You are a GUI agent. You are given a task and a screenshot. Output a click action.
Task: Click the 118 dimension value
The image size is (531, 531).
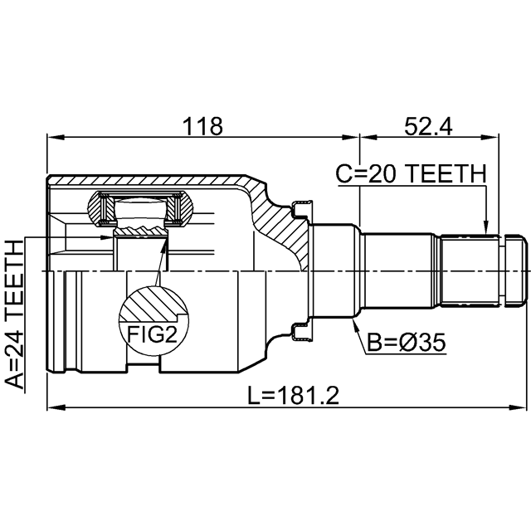(x=202, y=126)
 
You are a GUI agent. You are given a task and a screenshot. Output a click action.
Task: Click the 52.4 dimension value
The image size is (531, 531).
(x=428, y=127)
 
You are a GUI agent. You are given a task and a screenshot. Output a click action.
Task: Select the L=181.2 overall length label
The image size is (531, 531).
(x=294, y=396)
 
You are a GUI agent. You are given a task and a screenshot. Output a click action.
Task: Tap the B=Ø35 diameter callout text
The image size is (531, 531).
(x=407, y=343)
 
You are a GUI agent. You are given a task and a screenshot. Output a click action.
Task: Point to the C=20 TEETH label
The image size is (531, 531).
(x=412, y=173)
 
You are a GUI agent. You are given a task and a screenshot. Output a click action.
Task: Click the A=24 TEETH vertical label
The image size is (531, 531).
(x=15, y=314)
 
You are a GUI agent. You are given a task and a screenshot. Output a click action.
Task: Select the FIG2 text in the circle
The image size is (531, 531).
(x=152, y=334)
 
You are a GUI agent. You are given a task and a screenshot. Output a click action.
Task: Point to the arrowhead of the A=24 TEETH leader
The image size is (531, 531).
(x=107, y=237)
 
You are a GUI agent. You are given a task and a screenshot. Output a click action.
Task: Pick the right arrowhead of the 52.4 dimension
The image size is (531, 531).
(x=490, y=138)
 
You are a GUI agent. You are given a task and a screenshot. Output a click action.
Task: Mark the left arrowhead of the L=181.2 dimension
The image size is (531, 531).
(x=56, y=407)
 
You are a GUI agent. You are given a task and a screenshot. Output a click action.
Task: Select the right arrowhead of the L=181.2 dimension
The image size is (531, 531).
(x=518, y=407)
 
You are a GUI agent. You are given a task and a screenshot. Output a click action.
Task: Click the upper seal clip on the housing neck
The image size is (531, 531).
(x=302, y=209)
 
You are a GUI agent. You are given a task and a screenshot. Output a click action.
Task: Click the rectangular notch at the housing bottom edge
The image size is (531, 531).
(x=144, y=368)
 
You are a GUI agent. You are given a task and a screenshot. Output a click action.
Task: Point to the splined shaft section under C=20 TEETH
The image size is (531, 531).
(x=469, y=270)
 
